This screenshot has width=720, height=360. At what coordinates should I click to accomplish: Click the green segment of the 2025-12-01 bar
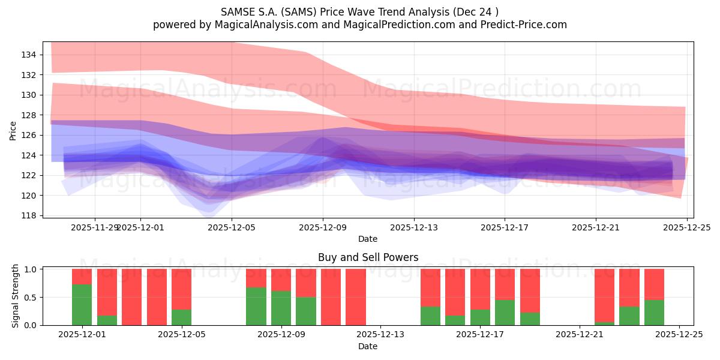[82, 305]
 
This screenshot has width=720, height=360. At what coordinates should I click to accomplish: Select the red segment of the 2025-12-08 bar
[256, 278]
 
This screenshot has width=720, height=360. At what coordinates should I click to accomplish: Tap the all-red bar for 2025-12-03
[131, 297]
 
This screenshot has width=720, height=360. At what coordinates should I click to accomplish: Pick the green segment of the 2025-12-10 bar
[306, 311]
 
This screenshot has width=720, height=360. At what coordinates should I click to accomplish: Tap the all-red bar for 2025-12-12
[356, 297]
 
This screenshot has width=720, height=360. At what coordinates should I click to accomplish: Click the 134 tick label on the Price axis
[29, 55]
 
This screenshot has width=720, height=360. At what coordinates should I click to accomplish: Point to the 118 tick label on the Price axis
[29, 215]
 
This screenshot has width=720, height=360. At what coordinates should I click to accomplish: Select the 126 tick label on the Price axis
[29, 135]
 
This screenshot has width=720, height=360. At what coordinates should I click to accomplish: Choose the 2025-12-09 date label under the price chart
[323, 227]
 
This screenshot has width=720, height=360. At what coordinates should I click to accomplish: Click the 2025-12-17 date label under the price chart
[505, 227]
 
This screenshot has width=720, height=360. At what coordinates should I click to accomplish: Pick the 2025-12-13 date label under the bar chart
[380, 335]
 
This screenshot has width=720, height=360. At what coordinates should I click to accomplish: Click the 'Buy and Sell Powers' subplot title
[368, 257]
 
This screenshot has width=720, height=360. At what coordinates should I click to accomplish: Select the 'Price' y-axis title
[13, 130]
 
